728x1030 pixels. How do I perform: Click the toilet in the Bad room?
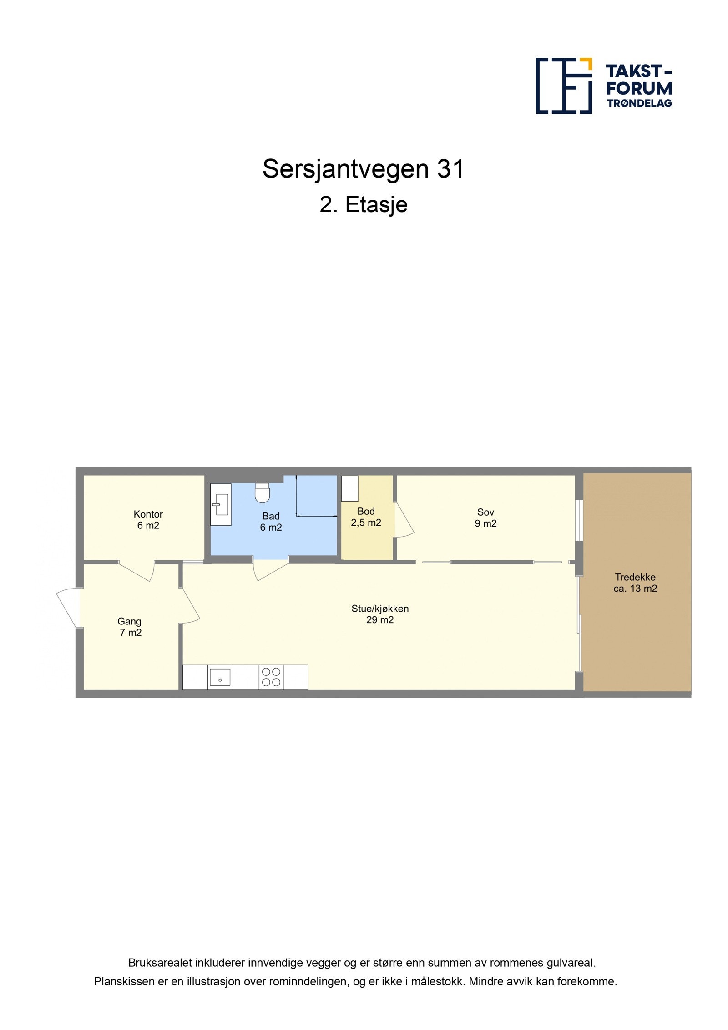(x=262, y=493)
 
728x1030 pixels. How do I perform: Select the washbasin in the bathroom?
(x=221, y=504)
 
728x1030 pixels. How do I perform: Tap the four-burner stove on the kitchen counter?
(x=271, y=677)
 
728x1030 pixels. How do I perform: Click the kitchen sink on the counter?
(x=220, y=677)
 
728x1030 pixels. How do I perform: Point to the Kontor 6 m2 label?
(x=148, y=519)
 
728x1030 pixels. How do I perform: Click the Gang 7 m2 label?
(x=130, y=627)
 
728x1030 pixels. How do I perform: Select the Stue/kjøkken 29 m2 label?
(x=379, y=614)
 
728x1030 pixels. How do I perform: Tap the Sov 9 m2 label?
(x=485, y=518)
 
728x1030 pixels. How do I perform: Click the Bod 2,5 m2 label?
(x=366, y=517)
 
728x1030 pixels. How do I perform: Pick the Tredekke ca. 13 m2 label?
(x=635, y=583)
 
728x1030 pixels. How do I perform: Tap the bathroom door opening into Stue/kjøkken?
(x=270, y=570)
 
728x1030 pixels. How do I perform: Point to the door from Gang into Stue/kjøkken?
(x=189, y=605)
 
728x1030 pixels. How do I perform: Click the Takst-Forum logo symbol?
(x=564, y=86)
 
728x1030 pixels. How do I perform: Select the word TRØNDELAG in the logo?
(x=639, y=103)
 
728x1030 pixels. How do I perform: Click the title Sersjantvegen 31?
(x=363, y=169)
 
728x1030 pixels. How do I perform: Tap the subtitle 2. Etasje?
(x=363, y=204)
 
